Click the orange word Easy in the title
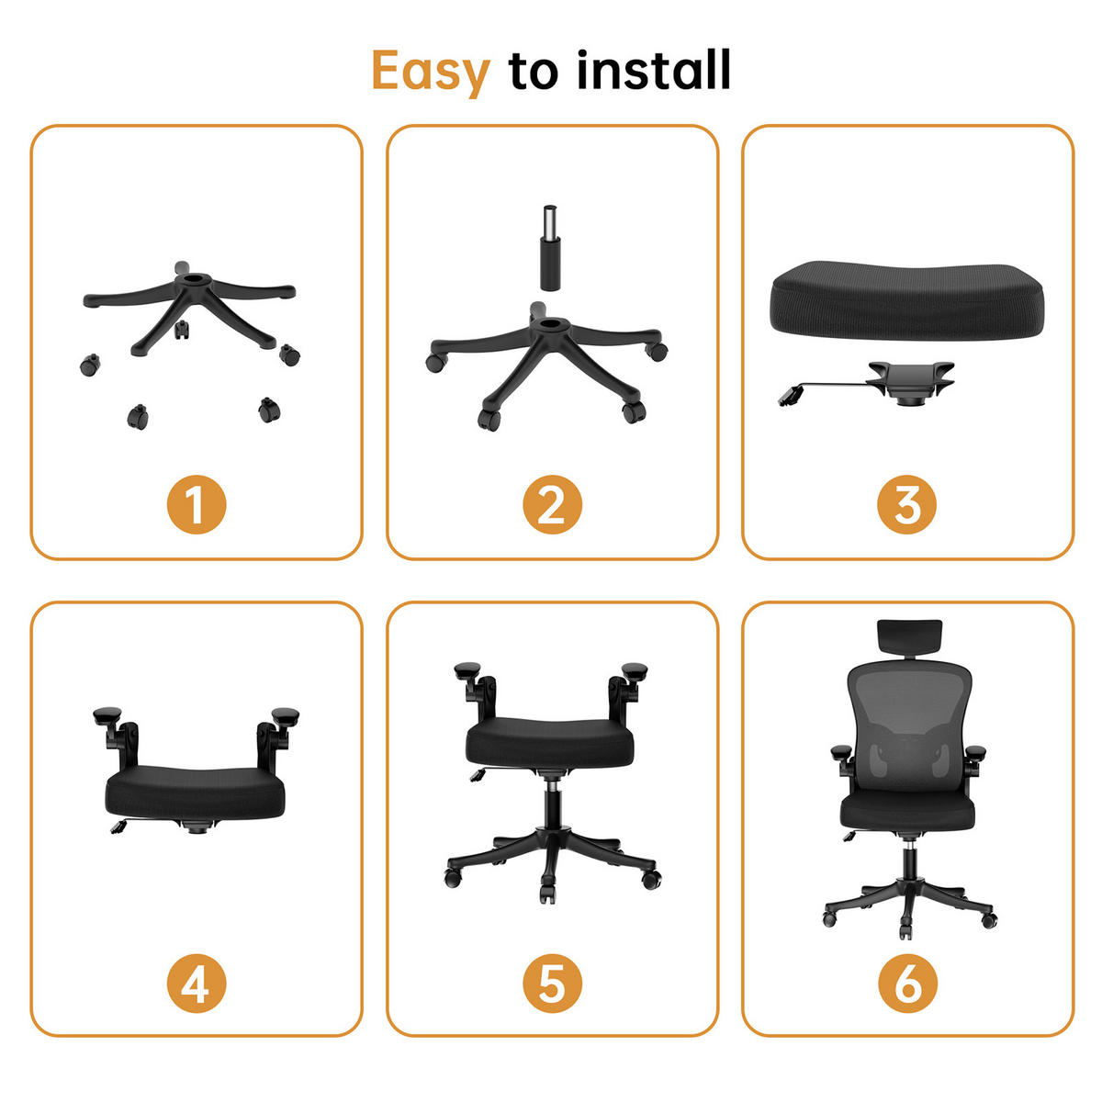430,72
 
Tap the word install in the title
653,71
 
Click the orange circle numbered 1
196,505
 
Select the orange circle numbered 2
552,505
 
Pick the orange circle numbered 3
907,505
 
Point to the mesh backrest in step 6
908,725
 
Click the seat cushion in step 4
196,793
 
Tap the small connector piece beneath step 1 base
182,328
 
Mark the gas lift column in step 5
553,808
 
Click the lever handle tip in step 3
788,398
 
